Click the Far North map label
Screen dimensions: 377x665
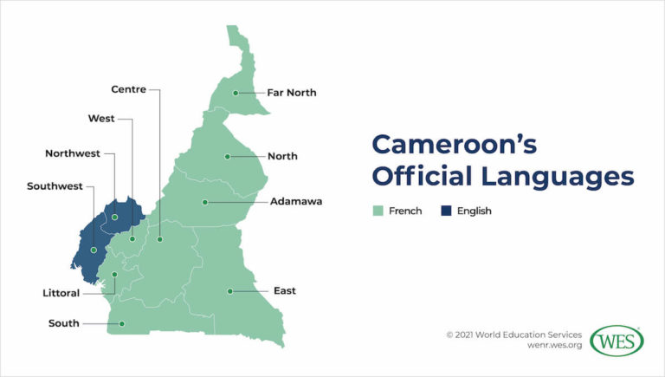point(291,93)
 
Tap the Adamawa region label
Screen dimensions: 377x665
point(296,202)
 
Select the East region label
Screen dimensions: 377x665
point(284,291)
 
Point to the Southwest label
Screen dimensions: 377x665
point(55,186)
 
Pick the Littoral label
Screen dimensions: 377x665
point(60,294)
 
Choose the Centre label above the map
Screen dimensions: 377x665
point(128,88)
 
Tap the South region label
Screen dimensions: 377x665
point(63,324)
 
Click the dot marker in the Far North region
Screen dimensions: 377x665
point(236,93)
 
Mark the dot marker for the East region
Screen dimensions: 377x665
point(229,291)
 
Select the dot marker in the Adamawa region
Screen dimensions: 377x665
point(205,202)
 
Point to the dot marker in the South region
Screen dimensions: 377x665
point(122,324)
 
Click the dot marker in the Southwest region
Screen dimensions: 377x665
point(94,250)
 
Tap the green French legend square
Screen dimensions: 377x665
point(378,211)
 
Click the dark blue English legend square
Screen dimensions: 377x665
point(446,211)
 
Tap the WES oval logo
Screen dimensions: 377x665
point(617,341)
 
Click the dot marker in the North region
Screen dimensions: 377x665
point(227,157)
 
